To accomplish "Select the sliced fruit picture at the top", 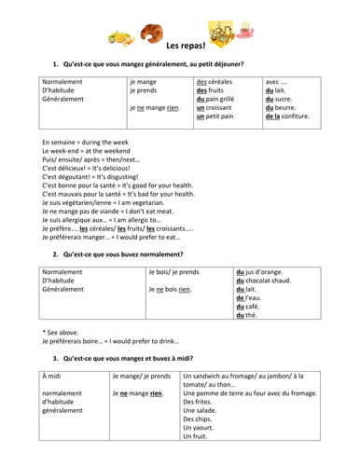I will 120,38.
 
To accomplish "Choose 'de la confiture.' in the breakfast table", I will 287,118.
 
